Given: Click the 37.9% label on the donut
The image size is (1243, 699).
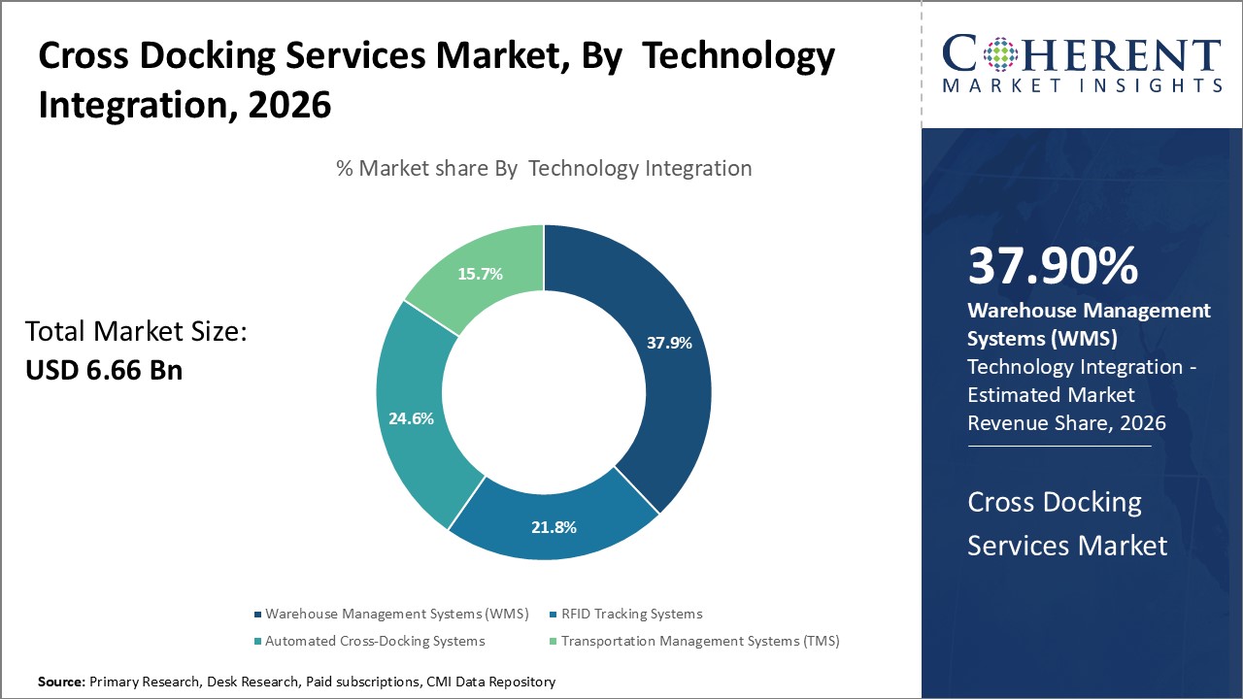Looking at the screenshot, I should [x=669, y=342].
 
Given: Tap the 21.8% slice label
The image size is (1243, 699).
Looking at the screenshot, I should [x=554, y=527].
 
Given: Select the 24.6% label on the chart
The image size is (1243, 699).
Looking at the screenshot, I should [x=411, y=418].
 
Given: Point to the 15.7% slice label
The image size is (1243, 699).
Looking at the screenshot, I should [x=480, y=274].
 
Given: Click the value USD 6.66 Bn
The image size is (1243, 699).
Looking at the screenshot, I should [x=104, y=370].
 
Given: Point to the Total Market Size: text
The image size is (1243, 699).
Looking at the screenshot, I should [x=136, y=332].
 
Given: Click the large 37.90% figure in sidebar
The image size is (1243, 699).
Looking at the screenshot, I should [x=1053, y=267].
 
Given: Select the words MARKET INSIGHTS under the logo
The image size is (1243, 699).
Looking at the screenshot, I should [x=1081, y=85].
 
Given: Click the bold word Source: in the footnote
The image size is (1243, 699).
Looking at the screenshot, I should [x=62, y=682].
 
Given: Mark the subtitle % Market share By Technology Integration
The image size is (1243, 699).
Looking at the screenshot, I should [x=544, y=168].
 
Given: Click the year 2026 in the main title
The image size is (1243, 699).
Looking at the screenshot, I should [x=289, y=104].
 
